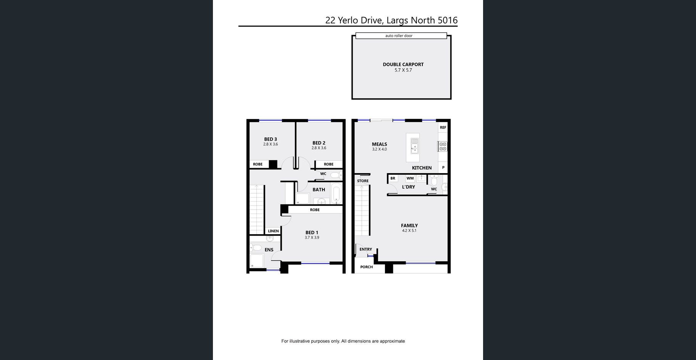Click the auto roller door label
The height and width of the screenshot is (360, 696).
pos(399,36)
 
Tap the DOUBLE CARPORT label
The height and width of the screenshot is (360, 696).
pos(403,64)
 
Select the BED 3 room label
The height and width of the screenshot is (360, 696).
pos(271,139)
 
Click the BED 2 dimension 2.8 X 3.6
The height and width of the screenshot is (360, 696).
pos(319,148)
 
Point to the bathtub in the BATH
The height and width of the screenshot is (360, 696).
pos(336,193)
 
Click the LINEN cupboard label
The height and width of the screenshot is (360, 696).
pos(273,231)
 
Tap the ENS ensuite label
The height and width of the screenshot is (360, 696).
pos(269,250)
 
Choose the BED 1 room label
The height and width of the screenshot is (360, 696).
pos(312,233)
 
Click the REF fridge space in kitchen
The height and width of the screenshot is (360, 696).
pos(443,127)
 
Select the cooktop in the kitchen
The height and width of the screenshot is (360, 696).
pos(443,146)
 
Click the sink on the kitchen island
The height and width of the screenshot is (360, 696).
pos(414,145)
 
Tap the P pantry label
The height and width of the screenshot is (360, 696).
pos(443,167)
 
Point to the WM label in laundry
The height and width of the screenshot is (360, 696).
pos(410,178)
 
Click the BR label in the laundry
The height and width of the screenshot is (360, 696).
pos(393,178)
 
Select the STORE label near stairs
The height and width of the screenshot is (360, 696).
pos(363,181)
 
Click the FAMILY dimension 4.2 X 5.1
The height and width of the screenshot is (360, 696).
pos(409,231)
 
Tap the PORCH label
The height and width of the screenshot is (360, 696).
pos(367,267)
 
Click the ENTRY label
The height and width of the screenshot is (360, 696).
pos(366,249)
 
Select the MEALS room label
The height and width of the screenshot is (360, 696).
pos(380,144)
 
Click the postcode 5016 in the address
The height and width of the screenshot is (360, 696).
pos(448,20)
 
